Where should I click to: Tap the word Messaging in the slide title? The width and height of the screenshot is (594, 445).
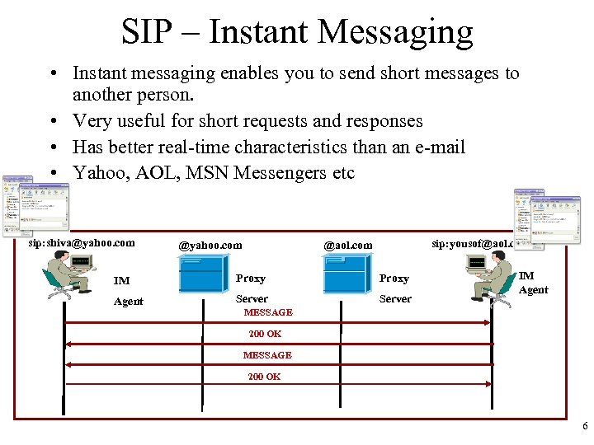[x=395, y=33]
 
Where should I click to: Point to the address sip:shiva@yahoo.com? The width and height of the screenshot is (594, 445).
[x=82, y=243]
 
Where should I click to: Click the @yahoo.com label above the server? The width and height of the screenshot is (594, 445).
[x=210, y=245]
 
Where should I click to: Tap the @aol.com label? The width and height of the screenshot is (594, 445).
[x=347, y=245]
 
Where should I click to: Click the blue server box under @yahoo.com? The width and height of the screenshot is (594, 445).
[x=202, y=274]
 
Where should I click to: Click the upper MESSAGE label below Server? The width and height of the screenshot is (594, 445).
[x=268, y=312]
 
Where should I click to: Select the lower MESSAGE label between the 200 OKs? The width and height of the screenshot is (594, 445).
[x=267, y=355]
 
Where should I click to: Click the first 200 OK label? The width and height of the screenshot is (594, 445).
[x=265, y=334]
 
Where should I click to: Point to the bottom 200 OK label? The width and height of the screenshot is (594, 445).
[x=265, y=377]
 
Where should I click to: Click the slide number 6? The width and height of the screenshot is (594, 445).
[x=585, y=427]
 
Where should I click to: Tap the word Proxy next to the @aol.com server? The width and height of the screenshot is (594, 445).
[x=394, y=279]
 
